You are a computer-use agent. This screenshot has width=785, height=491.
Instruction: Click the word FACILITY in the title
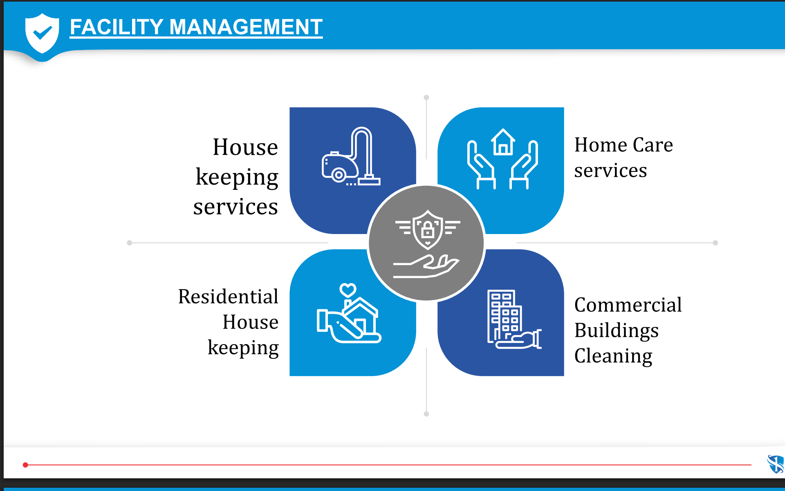117,27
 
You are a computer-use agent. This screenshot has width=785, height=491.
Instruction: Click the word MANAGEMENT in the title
246,27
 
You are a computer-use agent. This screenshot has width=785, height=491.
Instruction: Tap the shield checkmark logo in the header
42,34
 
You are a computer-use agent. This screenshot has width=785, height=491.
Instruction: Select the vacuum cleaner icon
351,157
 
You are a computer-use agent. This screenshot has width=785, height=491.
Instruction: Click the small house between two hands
503,142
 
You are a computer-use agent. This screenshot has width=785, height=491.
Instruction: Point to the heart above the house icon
348,290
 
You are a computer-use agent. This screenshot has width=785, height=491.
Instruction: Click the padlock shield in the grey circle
428,230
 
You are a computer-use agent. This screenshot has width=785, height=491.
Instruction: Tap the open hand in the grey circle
426,266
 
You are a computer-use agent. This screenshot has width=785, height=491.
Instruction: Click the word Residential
228,296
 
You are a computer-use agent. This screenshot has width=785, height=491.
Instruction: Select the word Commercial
628,305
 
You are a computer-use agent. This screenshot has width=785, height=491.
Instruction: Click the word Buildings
617,331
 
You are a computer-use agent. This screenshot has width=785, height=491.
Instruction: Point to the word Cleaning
613,356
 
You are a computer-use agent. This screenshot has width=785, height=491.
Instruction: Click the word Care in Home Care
653,145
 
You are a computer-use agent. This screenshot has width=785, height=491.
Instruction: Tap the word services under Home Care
610,171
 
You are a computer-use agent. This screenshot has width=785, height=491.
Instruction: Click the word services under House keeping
235,207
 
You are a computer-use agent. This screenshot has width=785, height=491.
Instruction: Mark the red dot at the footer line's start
25,465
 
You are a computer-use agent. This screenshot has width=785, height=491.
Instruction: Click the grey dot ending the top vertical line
426,97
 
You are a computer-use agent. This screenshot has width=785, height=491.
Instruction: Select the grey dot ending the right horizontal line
715,243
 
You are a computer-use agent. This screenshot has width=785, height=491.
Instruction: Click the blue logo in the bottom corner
776,464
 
